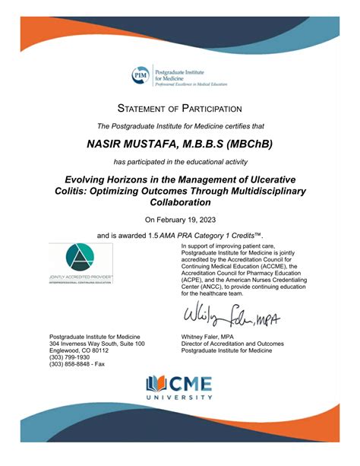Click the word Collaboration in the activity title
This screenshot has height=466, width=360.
180,203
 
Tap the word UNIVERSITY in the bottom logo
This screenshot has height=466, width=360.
180,398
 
